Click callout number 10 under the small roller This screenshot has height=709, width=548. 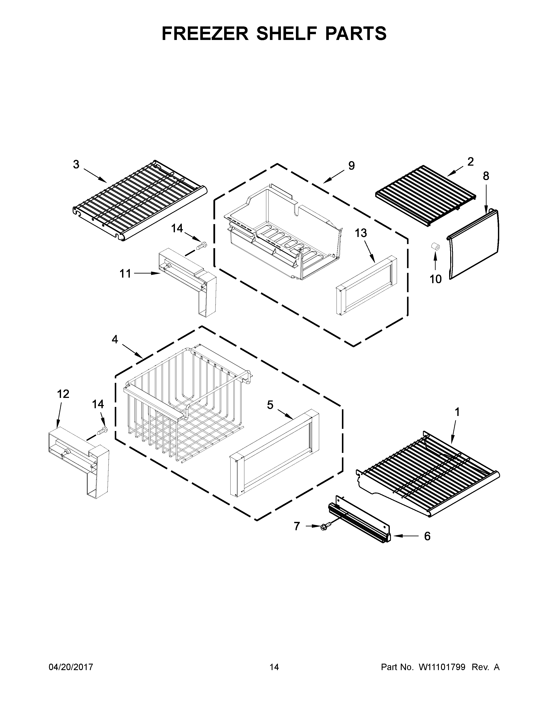tap(436, 279)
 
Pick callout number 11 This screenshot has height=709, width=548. tap(125, 274)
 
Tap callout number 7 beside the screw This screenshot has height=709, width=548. tap(297, 526)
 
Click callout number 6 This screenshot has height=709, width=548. tap(427, 536)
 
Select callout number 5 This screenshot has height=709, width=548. tap(270, 405)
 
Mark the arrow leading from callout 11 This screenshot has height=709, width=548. tap(147, 274)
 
